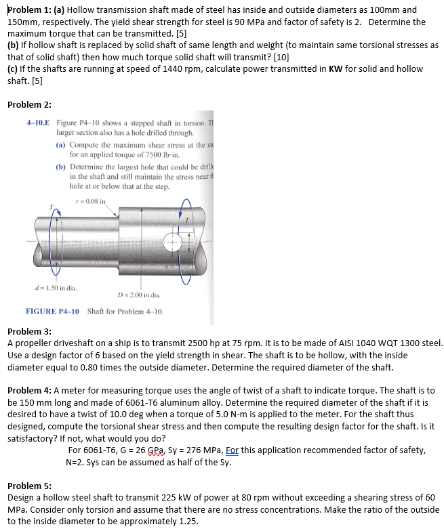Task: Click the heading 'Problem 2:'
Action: (x=29, y=104)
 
